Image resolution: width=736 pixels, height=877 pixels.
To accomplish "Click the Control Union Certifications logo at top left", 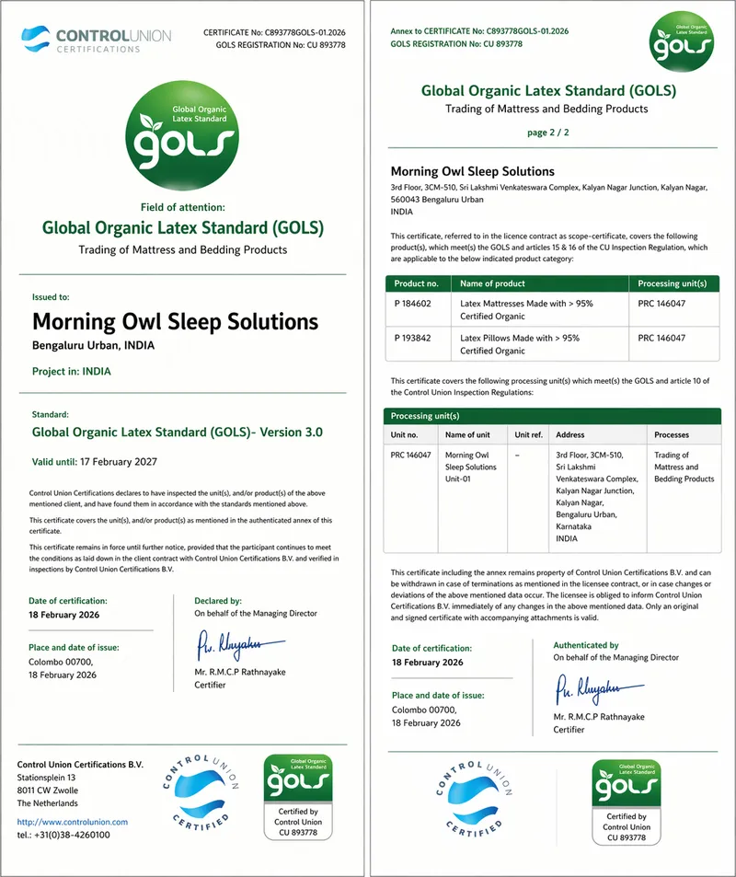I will coord(96,40).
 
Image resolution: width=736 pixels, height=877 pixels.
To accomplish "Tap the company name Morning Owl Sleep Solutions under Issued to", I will coord(175,322).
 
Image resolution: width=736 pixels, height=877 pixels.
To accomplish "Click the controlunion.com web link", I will coord(73,822).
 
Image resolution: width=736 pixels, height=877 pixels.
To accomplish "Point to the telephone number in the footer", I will coord(64,835).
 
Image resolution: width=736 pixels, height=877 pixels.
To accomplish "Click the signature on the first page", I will coord(229,644).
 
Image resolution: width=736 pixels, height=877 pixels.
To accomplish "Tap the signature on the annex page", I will coord(598,687).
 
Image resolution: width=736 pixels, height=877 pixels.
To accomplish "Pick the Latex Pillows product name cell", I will coord(520,343).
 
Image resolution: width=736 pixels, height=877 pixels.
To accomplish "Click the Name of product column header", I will coord(492,283).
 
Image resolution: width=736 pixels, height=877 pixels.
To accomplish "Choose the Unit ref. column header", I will coord(529,434).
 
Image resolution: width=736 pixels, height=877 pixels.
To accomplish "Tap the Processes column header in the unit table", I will coord(671,434).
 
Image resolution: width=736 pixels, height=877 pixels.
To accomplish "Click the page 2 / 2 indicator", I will coord(547,133).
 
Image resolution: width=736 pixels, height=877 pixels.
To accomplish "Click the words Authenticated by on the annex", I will coord(586,645).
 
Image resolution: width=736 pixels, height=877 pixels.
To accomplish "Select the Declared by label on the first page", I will coord(217,601).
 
